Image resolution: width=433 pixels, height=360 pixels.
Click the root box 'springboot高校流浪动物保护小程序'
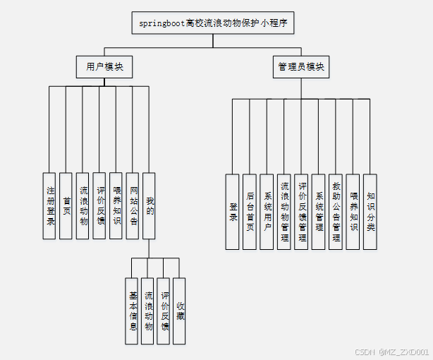click(212, 23)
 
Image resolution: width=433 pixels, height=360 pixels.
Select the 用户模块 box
click(104, 67)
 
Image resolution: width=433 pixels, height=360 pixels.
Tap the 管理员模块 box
click(301, 67)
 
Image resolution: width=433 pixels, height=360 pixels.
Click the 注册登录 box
click(49, 205)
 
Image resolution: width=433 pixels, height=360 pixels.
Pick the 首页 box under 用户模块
click(66, 205)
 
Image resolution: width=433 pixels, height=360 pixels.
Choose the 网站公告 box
click(133, 205)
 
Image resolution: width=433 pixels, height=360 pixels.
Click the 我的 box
click(150, 205)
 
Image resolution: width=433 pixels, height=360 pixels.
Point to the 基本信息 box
click(132, 311)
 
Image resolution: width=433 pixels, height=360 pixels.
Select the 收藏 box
click(180, 311)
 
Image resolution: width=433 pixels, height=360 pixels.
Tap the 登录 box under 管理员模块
click(233, 211)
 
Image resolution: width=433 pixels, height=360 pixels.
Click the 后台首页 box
click(250, 211)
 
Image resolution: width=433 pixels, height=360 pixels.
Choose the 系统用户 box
click(267, 211)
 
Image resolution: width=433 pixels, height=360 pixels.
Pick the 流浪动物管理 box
click(284, 211)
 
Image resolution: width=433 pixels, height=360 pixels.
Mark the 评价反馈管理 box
click(301, 211)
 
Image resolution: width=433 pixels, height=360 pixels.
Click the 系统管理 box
click(319, 211)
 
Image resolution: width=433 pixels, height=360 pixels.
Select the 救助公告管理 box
click(336, 211)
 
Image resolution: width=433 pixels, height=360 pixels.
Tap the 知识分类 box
click(370, 211)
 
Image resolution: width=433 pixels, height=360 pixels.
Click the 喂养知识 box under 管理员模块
click(353, 211)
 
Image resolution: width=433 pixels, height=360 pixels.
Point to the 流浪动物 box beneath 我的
click(148, 311)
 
